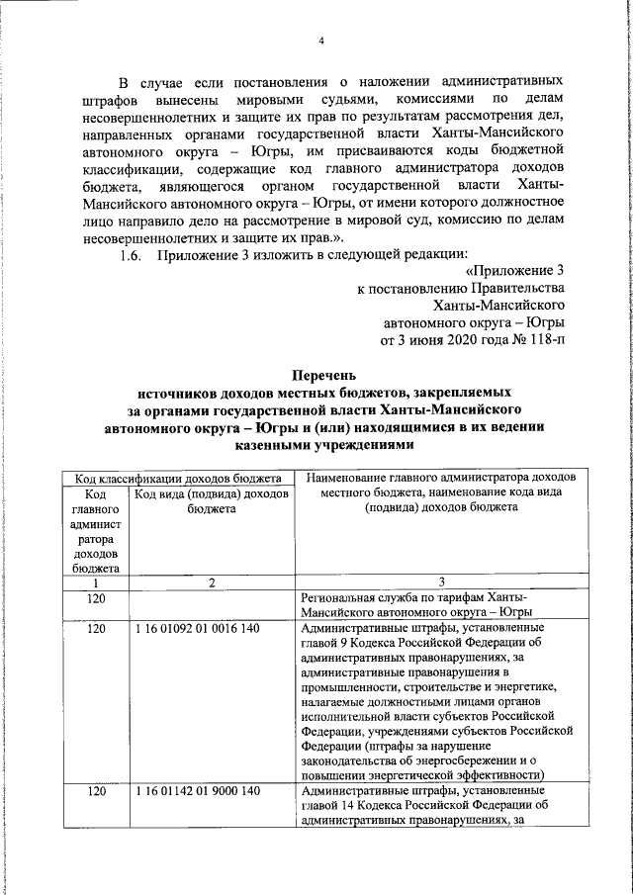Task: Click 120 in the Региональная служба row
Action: tap(96, 600)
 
